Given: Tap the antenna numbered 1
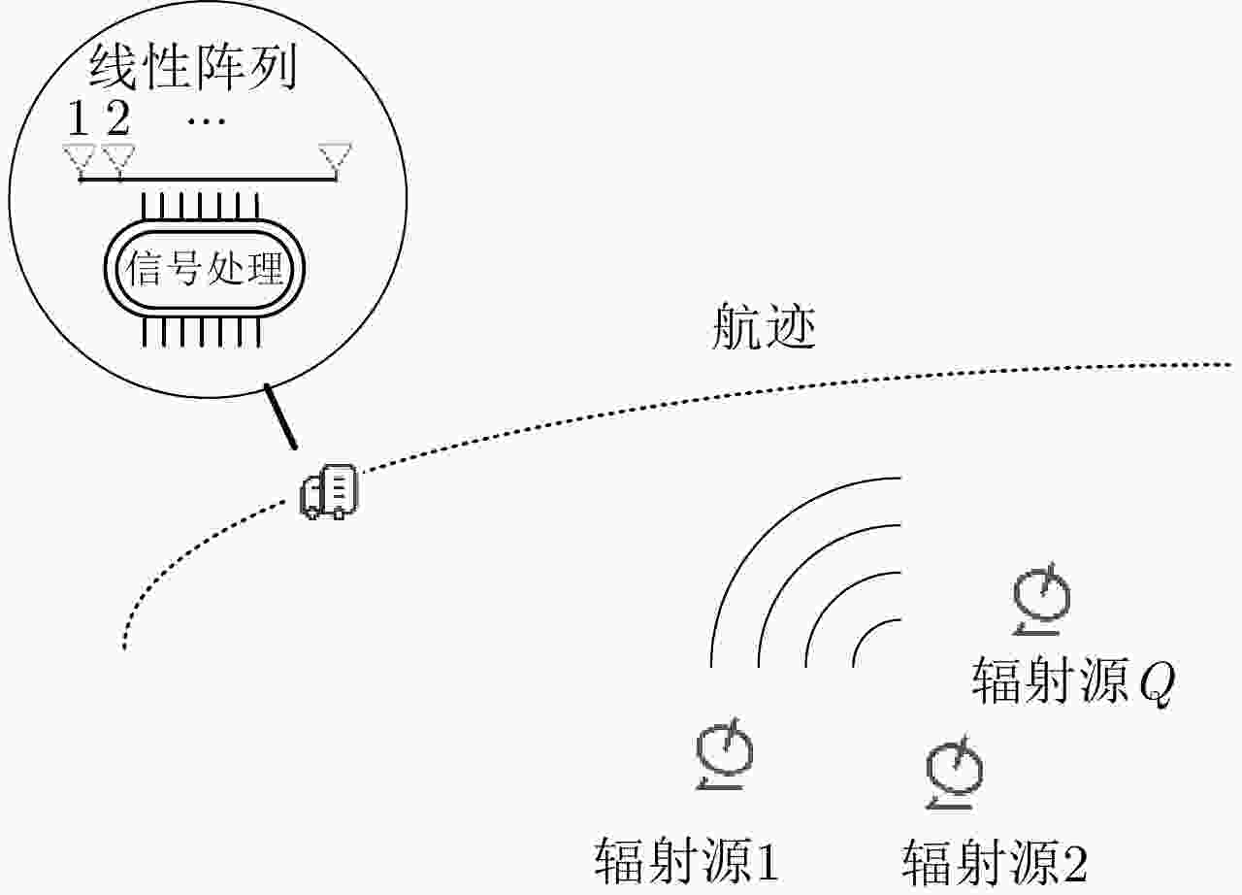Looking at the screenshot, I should (79, 156).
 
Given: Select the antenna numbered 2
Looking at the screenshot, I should (117, 156).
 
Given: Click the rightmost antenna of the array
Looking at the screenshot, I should (336, 156).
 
